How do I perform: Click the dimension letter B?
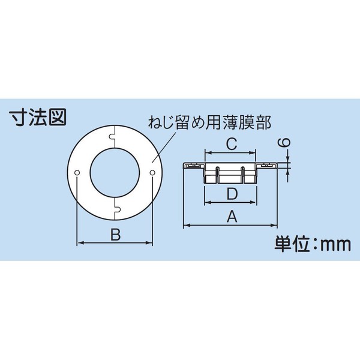coord(116,235)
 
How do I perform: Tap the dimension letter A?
coord(230,218)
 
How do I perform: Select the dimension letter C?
coord(230,144)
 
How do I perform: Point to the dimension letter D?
coord(230,194)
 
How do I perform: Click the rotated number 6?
coord(286,144)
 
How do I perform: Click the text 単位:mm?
coord(312,245)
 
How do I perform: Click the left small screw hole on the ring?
coord(79,173)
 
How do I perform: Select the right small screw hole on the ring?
coord(152,173)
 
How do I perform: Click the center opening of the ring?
coord(115,173)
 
